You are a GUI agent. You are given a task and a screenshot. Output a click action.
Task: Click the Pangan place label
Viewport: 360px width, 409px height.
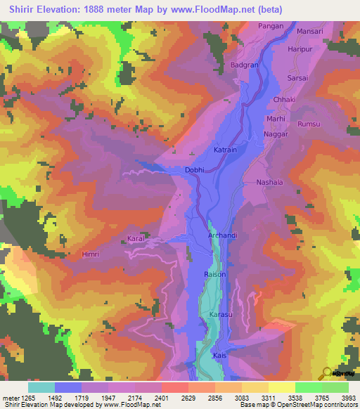[271, 26]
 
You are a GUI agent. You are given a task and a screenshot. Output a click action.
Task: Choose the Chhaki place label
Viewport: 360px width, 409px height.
[284, 100]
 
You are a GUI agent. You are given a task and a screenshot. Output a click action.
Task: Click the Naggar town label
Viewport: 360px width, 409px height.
[276, 134]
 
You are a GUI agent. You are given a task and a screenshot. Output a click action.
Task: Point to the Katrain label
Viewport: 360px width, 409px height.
[225, 150]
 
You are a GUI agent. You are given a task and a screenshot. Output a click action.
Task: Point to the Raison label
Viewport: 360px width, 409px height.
[214, 274]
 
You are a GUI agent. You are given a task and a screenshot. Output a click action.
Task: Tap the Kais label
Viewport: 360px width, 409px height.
[219, 356]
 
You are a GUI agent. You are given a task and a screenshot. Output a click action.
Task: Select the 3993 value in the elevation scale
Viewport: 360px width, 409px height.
[349, 398]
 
